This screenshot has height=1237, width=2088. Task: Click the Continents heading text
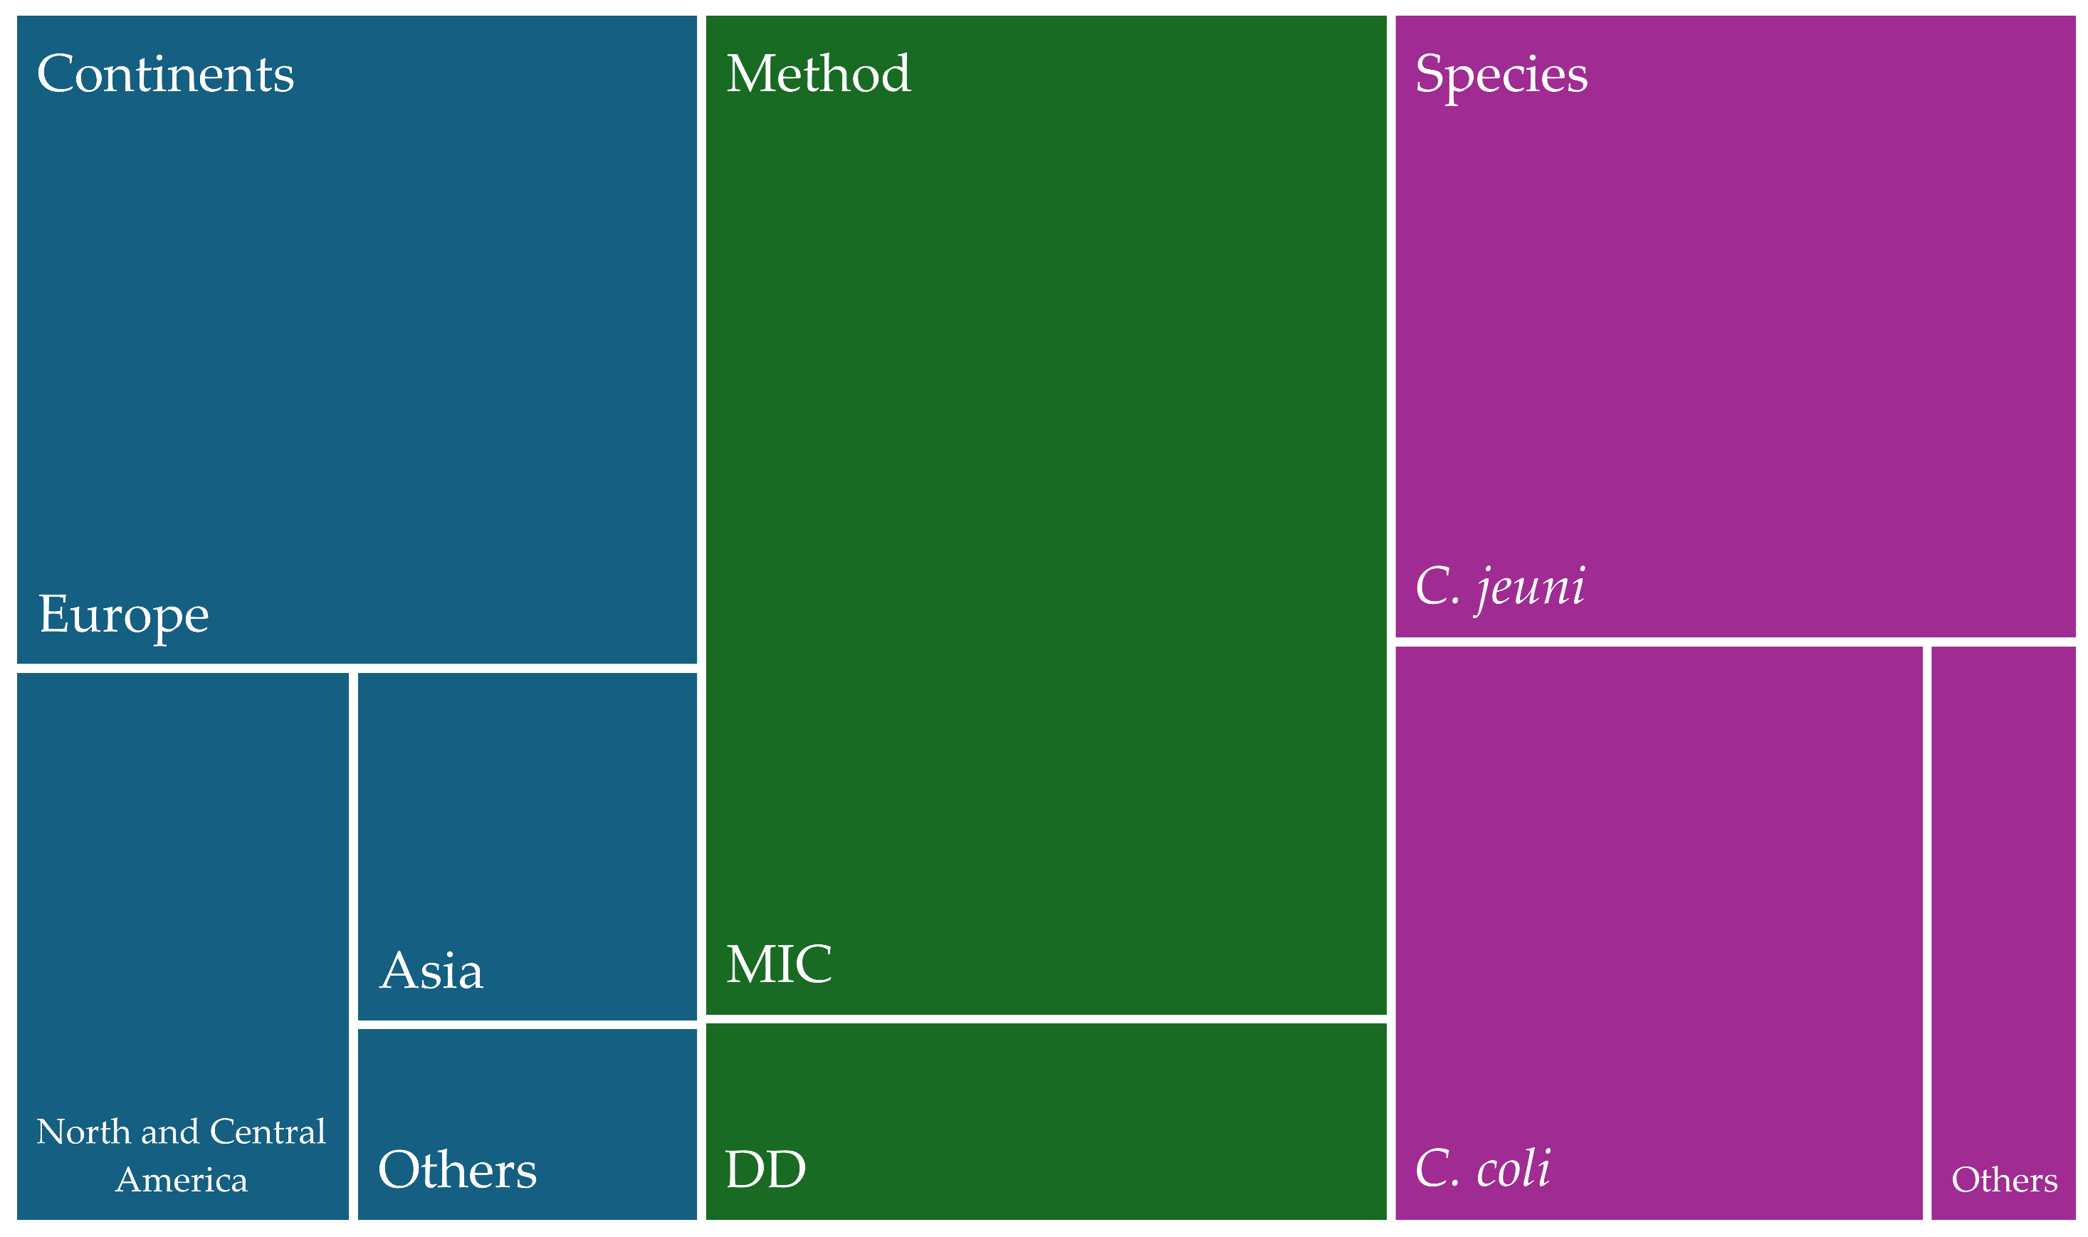coord(165,74)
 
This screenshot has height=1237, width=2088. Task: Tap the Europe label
coord(123,615)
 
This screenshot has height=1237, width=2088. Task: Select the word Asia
coord(431,971)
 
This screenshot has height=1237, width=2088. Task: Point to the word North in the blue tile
coord(84,1132)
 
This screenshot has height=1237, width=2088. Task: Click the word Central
coord(268,1132)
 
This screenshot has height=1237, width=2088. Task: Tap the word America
coord(181,1180)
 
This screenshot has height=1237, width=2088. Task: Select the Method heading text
coord(817,74)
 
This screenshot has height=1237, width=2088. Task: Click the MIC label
coord(778,964)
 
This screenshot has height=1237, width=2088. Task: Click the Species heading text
coord(1501,74)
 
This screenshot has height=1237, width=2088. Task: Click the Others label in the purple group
coord(2004,1180)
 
